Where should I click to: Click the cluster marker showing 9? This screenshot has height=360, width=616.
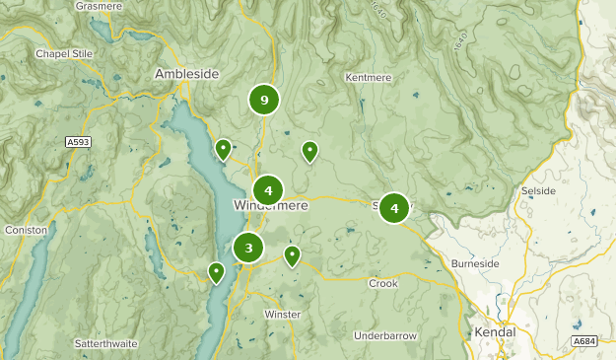click(x=264, y=99)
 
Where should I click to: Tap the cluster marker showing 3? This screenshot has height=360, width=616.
click(x=249, y=248)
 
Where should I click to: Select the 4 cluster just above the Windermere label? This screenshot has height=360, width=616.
click(x=268, y=189)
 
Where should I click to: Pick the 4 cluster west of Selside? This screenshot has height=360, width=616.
click(x=394, y=208)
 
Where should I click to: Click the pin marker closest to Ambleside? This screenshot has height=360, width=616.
click(x=224, y=149)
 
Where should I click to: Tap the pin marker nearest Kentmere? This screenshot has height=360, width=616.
click(x=309, y=151)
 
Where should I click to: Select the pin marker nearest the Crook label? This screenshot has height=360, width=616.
click(x=292, y=256)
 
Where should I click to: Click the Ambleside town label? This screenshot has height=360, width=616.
click(x=186, y=74)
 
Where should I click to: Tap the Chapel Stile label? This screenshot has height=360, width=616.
click(x=64, y=53)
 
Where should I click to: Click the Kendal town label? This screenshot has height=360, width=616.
click(x=494, y=332)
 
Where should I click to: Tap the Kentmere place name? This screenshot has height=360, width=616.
click(x=370, y=77)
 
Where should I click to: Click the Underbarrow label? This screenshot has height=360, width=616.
click(x=385, y=336)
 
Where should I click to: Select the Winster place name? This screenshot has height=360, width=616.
click(x=282, y=315)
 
